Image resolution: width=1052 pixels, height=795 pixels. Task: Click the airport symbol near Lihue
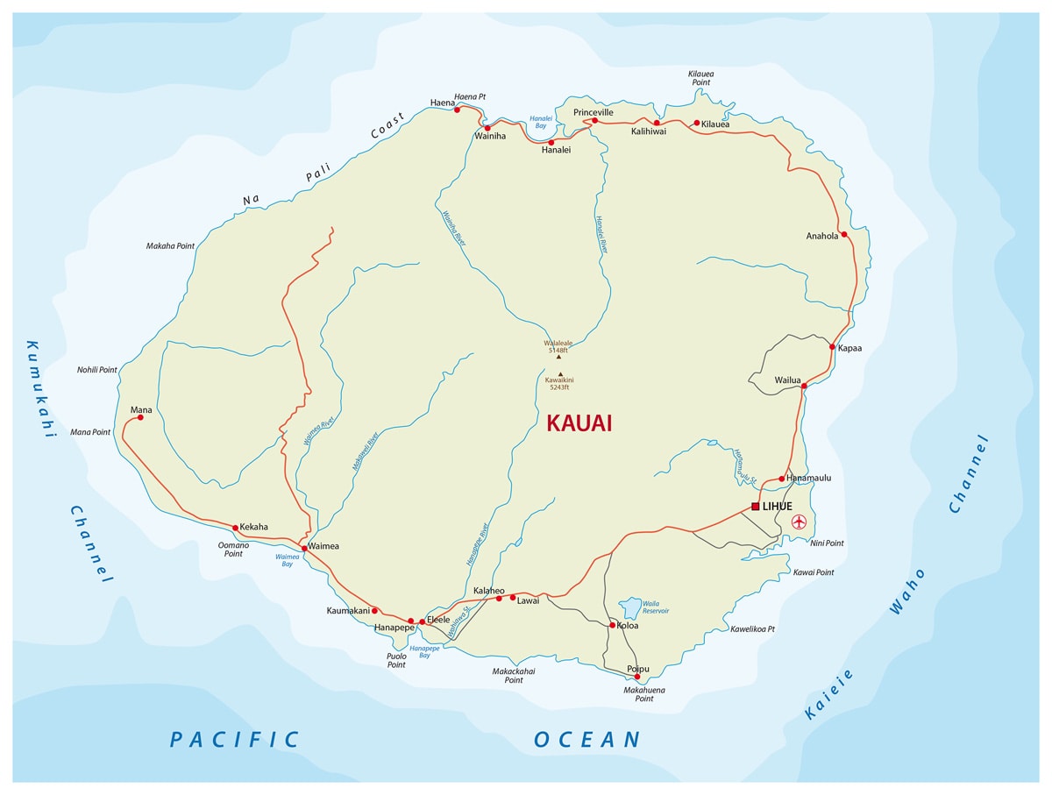pyautogui.click(x=799, y=522)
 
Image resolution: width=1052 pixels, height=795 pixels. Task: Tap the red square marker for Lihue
pyautogui.click(x=756, y=507)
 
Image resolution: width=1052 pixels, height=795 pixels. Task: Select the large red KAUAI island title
pyautogui.click(x=579, y=423)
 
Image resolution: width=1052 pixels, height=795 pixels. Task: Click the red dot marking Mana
pyautogui.click(x=140, y=417)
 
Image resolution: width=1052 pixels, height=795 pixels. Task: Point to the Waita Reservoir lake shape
pyautogui.click(x=630, y=607)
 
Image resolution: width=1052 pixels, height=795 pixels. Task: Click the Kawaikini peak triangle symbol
pyautogui.click(x=559, y=373)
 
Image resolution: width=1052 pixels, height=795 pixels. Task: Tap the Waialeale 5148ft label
pyautogui.click(x=558, y=346)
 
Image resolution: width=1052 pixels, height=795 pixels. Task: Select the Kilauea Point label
pyautogui.click(x=700, y=78)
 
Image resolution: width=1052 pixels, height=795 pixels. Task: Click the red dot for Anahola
pyautogui.click(x=843, y=234)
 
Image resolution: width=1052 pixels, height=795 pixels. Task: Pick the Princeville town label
pyautogui.click(x=594, y=112)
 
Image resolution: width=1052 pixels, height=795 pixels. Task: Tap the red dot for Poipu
pyautogui.click(x=637, y=677)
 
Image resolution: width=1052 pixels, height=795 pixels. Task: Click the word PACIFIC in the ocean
pyautogui.click(x=234, y=739)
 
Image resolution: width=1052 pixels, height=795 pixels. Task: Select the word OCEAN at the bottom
pyautogui.click(x=587, y=739)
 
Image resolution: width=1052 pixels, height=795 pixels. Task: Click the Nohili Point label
pyautogui.click(x=96, y=370)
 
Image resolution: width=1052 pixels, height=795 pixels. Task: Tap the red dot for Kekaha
pyautogui.click(x=235, y=527)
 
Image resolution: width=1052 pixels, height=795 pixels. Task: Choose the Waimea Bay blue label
pyautogui.click(x=288, y=560)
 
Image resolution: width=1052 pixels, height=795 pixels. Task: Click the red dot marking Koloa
pyautogui.click(x=612, y=626)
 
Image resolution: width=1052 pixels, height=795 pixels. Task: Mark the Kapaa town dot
pyautogui.click(x=832, y=347)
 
